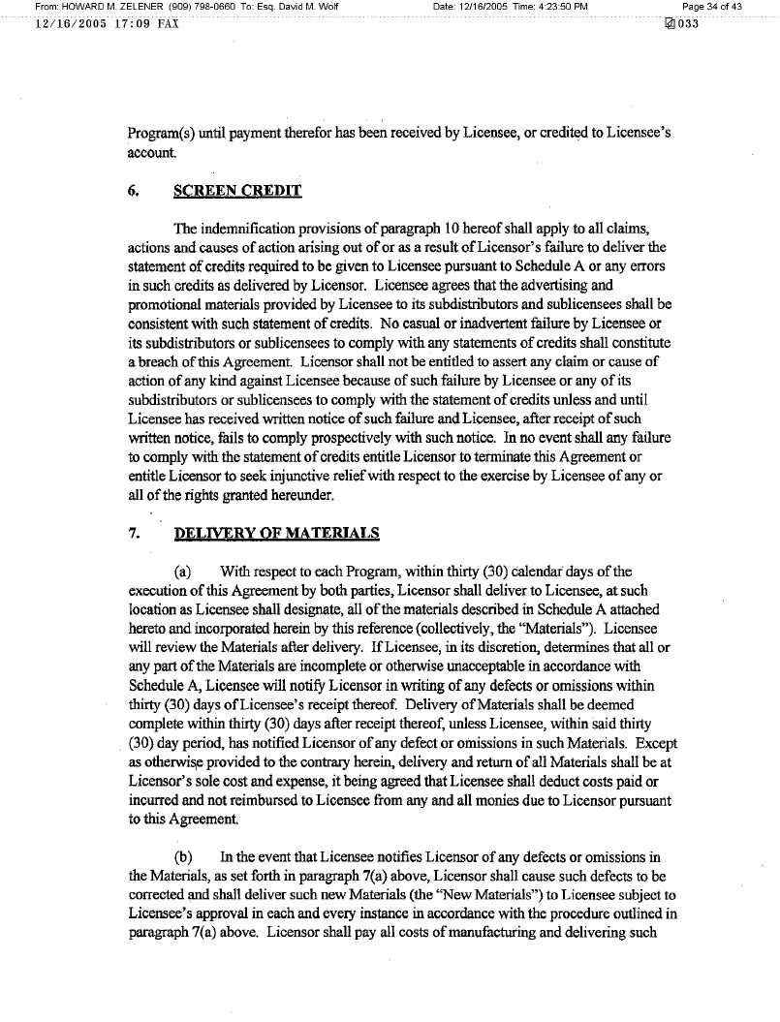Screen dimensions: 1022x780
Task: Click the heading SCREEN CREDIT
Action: pos(237,191)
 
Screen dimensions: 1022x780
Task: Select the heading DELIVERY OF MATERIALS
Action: pos(276,534)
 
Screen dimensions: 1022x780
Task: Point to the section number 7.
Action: pos(133,534)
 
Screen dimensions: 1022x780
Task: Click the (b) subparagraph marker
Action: pos(182,856)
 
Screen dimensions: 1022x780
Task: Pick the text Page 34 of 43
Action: pos(712,7)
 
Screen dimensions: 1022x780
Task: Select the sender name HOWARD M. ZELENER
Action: pos(106,7)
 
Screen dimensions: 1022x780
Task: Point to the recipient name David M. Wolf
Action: pos(308,7)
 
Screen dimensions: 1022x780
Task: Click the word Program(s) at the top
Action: pos(165,134)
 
